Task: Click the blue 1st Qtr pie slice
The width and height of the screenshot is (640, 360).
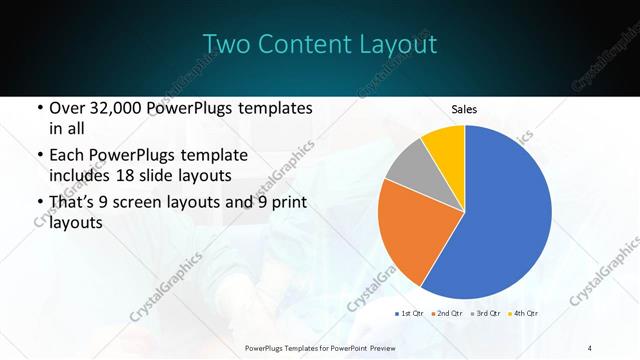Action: click(510, 215)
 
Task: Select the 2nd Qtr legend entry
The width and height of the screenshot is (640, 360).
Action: click(447, 314)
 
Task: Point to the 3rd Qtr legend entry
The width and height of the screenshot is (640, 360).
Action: click(486, 314)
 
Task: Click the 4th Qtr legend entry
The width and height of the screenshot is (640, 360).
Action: click(524, 314)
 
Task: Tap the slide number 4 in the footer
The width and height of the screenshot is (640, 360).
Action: click(589, 346)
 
